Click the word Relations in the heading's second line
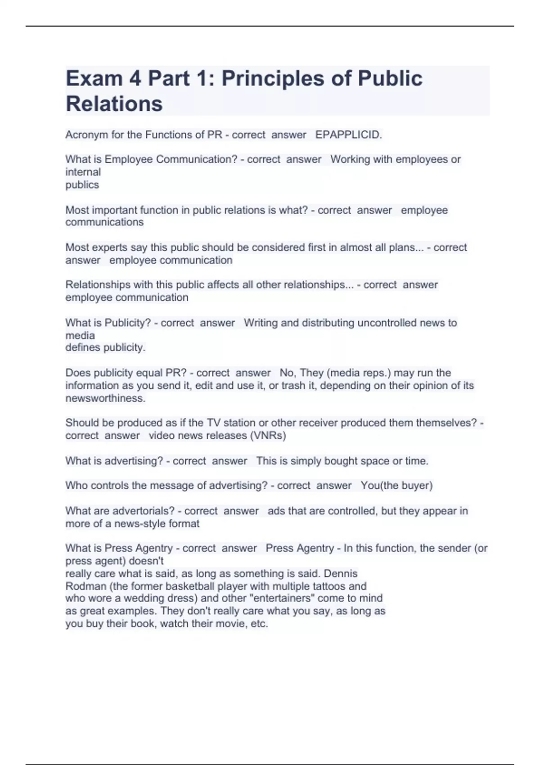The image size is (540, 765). point(114,103)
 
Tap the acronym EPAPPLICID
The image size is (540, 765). point(348,135)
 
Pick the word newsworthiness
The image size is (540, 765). point(105,398)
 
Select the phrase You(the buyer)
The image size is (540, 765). point(396,486)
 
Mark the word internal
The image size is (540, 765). point(83,172)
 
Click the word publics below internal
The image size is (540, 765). point(82,184)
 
